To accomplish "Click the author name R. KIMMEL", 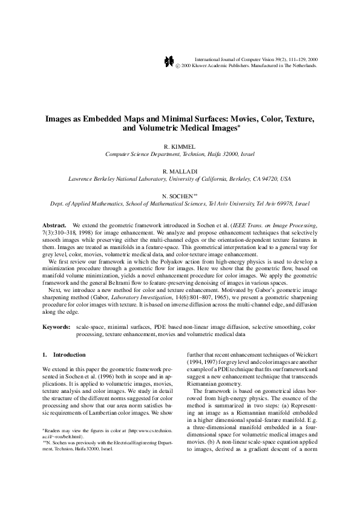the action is click(180, 147).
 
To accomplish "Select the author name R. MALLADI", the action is click(180, 172).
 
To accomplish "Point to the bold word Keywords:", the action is click(57, 326).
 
